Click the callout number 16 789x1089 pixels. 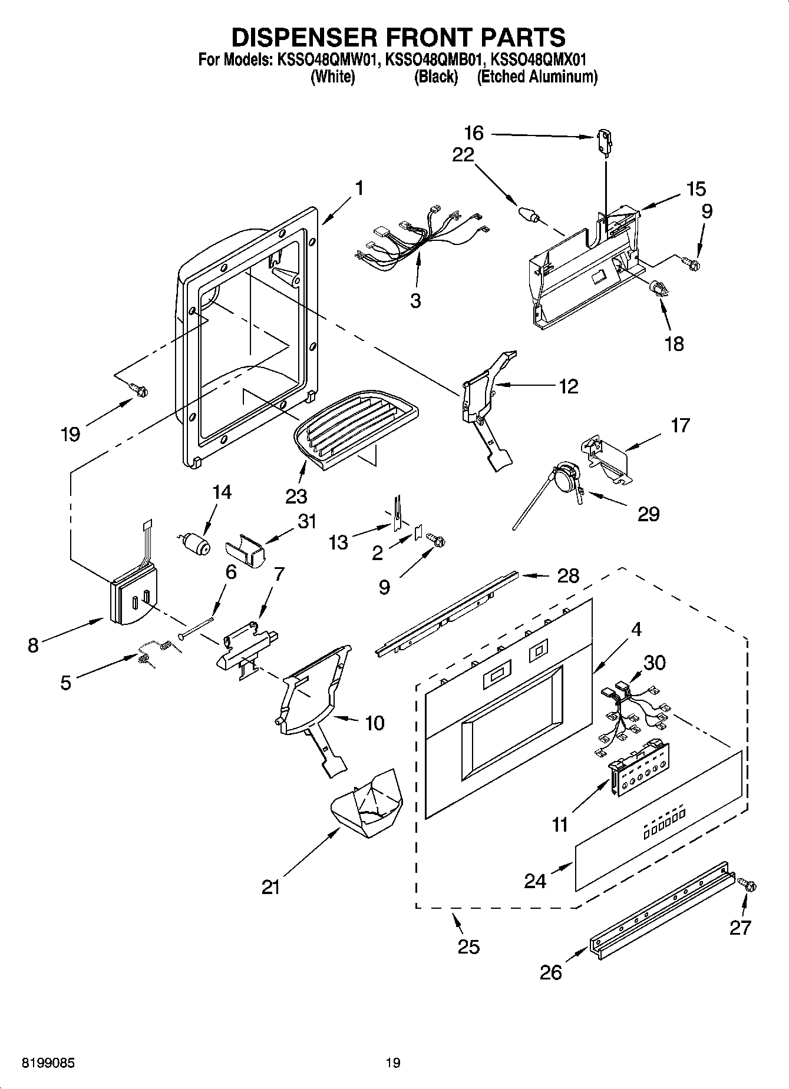point(473,133)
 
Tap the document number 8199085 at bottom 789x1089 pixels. point(48,1063)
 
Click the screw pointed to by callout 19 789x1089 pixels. point(139,389)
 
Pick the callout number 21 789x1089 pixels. point(271,887)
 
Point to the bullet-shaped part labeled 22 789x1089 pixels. point(528,214)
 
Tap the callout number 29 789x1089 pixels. point(648,514)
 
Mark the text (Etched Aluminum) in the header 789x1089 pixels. point(537,77)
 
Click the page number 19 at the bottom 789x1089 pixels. point(393,1063)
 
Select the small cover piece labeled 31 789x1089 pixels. point(245,555)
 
